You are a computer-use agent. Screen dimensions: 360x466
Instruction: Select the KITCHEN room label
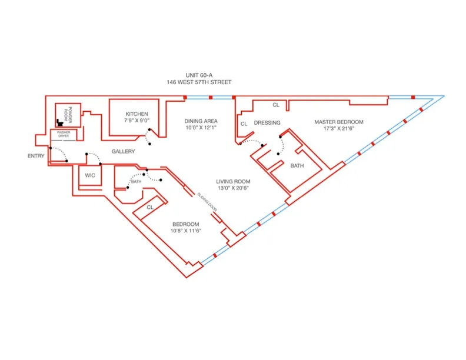(137, 114)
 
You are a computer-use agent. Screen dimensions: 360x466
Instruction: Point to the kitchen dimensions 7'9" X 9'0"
(137, 121)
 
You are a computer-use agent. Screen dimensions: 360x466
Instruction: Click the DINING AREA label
(201, 119)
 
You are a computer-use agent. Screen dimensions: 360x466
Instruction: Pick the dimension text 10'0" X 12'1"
(201, 127)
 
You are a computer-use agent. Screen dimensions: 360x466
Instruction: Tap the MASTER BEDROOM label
(338, 122)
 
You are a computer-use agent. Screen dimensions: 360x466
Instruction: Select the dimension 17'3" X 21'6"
(338, 129)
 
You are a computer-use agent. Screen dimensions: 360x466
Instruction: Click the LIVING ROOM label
(234, 181)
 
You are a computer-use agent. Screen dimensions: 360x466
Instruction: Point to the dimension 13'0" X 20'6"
(234, 188)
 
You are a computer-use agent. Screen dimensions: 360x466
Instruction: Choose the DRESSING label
(267, 122)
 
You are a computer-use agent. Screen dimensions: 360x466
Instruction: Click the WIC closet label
(90, 175)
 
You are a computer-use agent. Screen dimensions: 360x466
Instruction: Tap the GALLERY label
(124, 152)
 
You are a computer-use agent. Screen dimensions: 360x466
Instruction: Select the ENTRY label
(36, 156)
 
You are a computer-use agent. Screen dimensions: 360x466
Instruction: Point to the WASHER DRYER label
(63, 135)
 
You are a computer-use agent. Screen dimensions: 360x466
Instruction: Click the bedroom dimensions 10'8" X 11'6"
(186, 232)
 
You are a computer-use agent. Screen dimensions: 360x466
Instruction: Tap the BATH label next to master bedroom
(297, 166)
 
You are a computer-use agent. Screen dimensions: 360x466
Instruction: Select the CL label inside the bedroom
(149, 207)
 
